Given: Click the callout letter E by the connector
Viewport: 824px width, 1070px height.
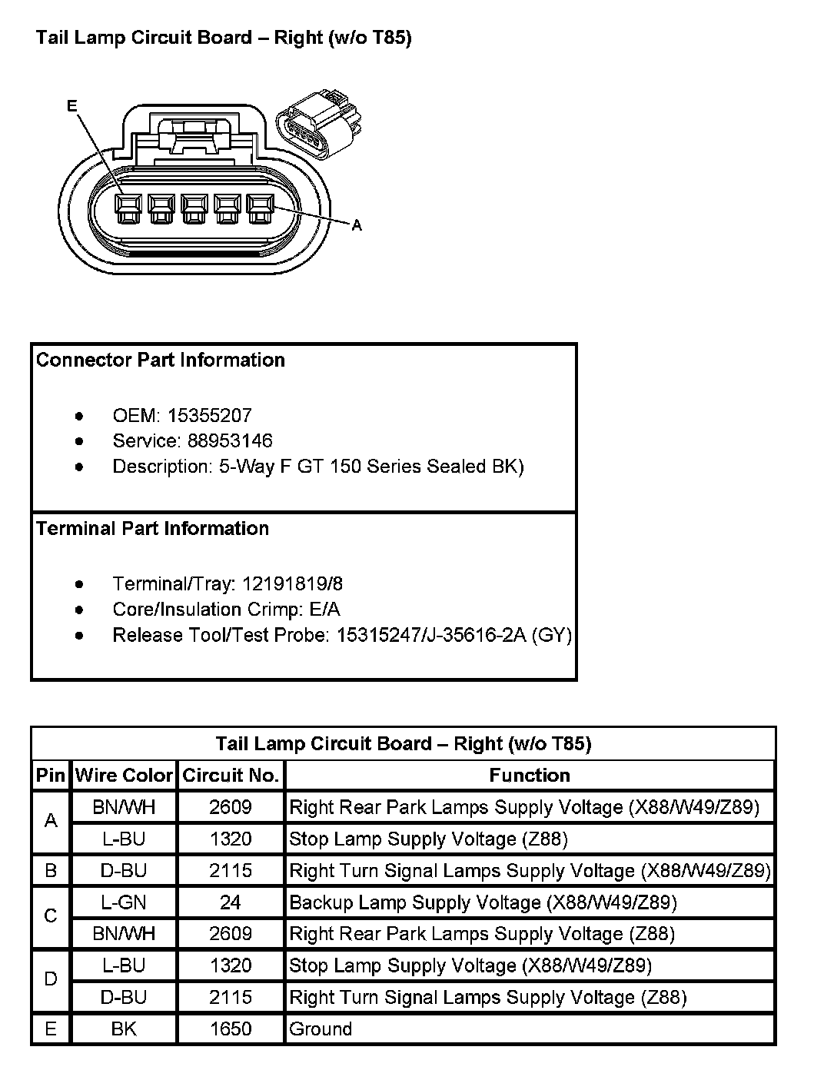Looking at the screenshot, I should (x=72, y=107).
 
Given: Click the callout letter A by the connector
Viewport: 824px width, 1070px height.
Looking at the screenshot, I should (x=357, y=225).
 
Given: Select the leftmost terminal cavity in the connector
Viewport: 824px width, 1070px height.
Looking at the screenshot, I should (x=128, y=207).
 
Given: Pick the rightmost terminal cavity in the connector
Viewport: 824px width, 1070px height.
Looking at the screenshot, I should (x=260, y=207).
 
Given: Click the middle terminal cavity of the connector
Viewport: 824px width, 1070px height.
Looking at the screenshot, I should (x=194, y=207).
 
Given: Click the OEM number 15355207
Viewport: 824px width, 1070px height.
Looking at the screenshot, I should (x=209, y=416).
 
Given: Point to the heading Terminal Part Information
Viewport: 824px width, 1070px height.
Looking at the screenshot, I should (x=152, y=529).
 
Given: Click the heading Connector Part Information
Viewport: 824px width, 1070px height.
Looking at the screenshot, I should (x=161, y=361).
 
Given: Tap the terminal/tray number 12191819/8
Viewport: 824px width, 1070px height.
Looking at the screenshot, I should (x=292, y=584).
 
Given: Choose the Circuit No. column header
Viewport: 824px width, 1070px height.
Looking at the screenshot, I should (x=231, y=776).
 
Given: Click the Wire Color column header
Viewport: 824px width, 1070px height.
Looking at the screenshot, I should (x=124, y=776).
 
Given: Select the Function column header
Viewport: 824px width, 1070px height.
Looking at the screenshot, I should (x=530, y=776).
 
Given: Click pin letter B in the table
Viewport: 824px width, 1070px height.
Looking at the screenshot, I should (x=51, y=871).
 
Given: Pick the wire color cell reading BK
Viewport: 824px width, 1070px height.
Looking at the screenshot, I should (x=124, y=1029).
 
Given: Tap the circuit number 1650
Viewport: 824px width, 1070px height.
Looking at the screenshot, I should (x=231, y=1029).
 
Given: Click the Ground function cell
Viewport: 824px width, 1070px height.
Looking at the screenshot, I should (x=321, y=1029).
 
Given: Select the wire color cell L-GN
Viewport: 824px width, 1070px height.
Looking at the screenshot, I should (x=124, y=902).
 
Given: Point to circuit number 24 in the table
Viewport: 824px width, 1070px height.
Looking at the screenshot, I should (x=231, y=902).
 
